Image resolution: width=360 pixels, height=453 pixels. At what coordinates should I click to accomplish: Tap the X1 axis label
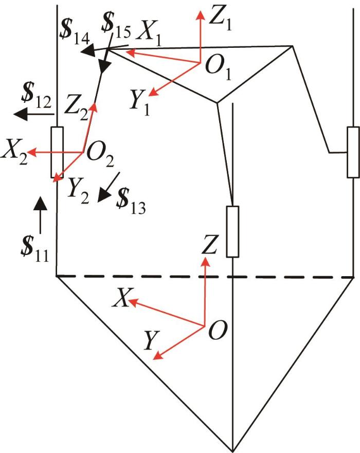[149, 34]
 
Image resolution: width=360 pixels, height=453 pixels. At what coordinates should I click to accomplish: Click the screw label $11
[34, 249]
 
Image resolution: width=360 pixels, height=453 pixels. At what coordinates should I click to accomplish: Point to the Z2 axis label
[76, 108]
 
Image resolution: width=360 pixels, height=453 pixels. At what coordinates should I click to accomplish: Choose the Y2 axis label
[78, 191]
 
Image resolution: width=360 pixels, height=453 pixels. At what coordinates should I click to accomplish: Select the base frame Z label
[209, 244]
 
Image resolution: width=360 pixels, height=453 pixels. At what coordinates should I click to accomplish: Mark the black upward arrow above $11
[40, 215]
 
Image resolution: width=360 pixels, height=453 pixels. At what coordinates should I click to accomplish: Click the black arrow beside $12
[34, 114]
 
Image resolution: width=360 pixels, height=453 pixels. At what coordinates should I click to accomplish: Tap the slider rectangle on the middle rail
[232, 231]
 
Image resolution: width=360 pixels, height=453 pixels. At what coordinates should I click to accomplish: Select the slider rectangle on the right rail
[354, 152]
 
